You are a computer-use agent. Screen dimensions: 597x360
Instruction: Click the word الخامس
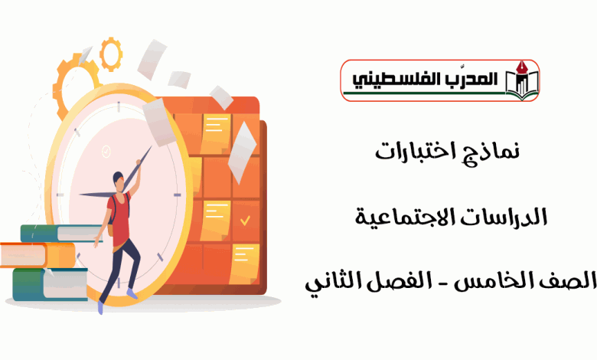click(485, 282)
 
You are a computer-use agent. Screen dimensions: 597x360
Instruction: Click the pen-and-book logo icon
click(522, 80)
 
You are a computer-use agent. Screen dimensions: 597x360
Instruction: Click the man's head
click(119, 182)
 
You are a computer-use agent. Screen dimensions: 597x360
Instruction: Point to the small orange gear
click(111, 54)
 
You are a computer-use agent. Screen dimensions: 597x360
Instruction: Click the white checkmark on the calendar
click(245, 221)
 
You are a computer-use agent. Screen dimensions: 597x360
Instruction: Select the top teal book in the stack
click(61, 233)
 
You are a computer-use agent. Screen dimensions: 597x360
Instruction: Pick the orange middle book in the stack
click(38, 255)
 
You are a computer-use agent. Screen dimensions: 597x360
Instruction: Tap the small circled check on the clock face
click(106, 151)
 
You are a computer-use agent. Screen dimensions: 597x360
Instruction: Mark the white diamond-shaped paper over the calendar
click(243, 152)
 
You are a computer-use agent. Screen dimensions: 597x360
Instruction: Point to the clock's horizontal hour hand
click(98, 195)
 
